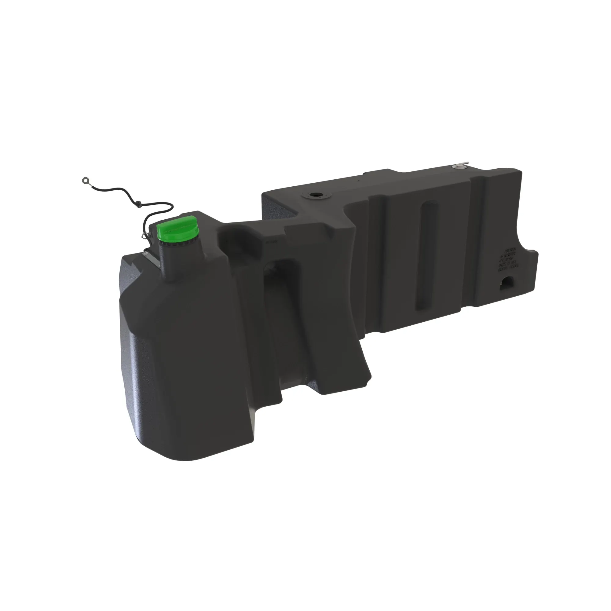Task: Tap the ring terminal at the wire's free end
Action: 85,180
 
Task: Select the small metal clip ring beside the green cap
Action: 145,235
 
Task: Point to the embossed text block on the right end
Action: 508,260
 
